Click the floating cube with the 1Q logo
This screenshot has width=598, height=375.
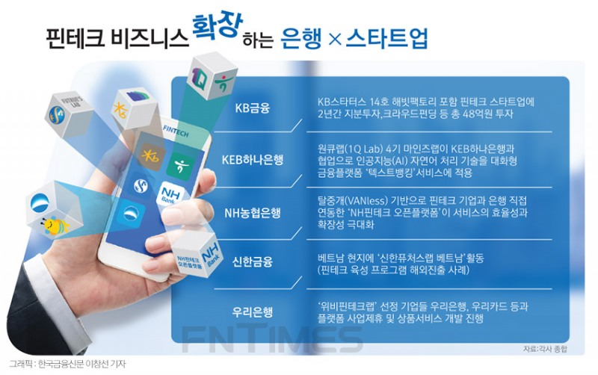click(x=214, y=77)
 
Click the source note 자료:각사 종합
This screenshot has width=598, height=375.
click(x=545, y=349)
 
